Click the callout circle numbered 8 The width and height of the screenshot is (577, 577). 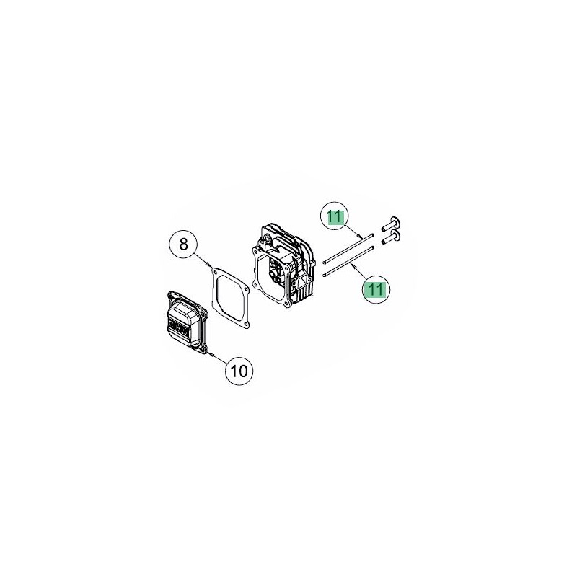[183, 244]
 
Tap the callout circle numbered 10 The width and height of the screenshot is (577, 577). [239, 371]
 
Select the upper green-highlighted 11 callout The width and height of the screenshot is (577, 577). [335, 216]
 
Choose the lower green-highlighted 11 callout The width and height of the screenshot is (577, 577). [376, 289]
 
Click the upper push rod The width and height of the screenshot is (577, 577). [348, 249]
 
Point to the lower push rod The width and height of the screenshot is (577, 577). [348, 260]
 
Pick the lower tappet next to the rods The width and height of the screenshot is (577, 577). [392, 237]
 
